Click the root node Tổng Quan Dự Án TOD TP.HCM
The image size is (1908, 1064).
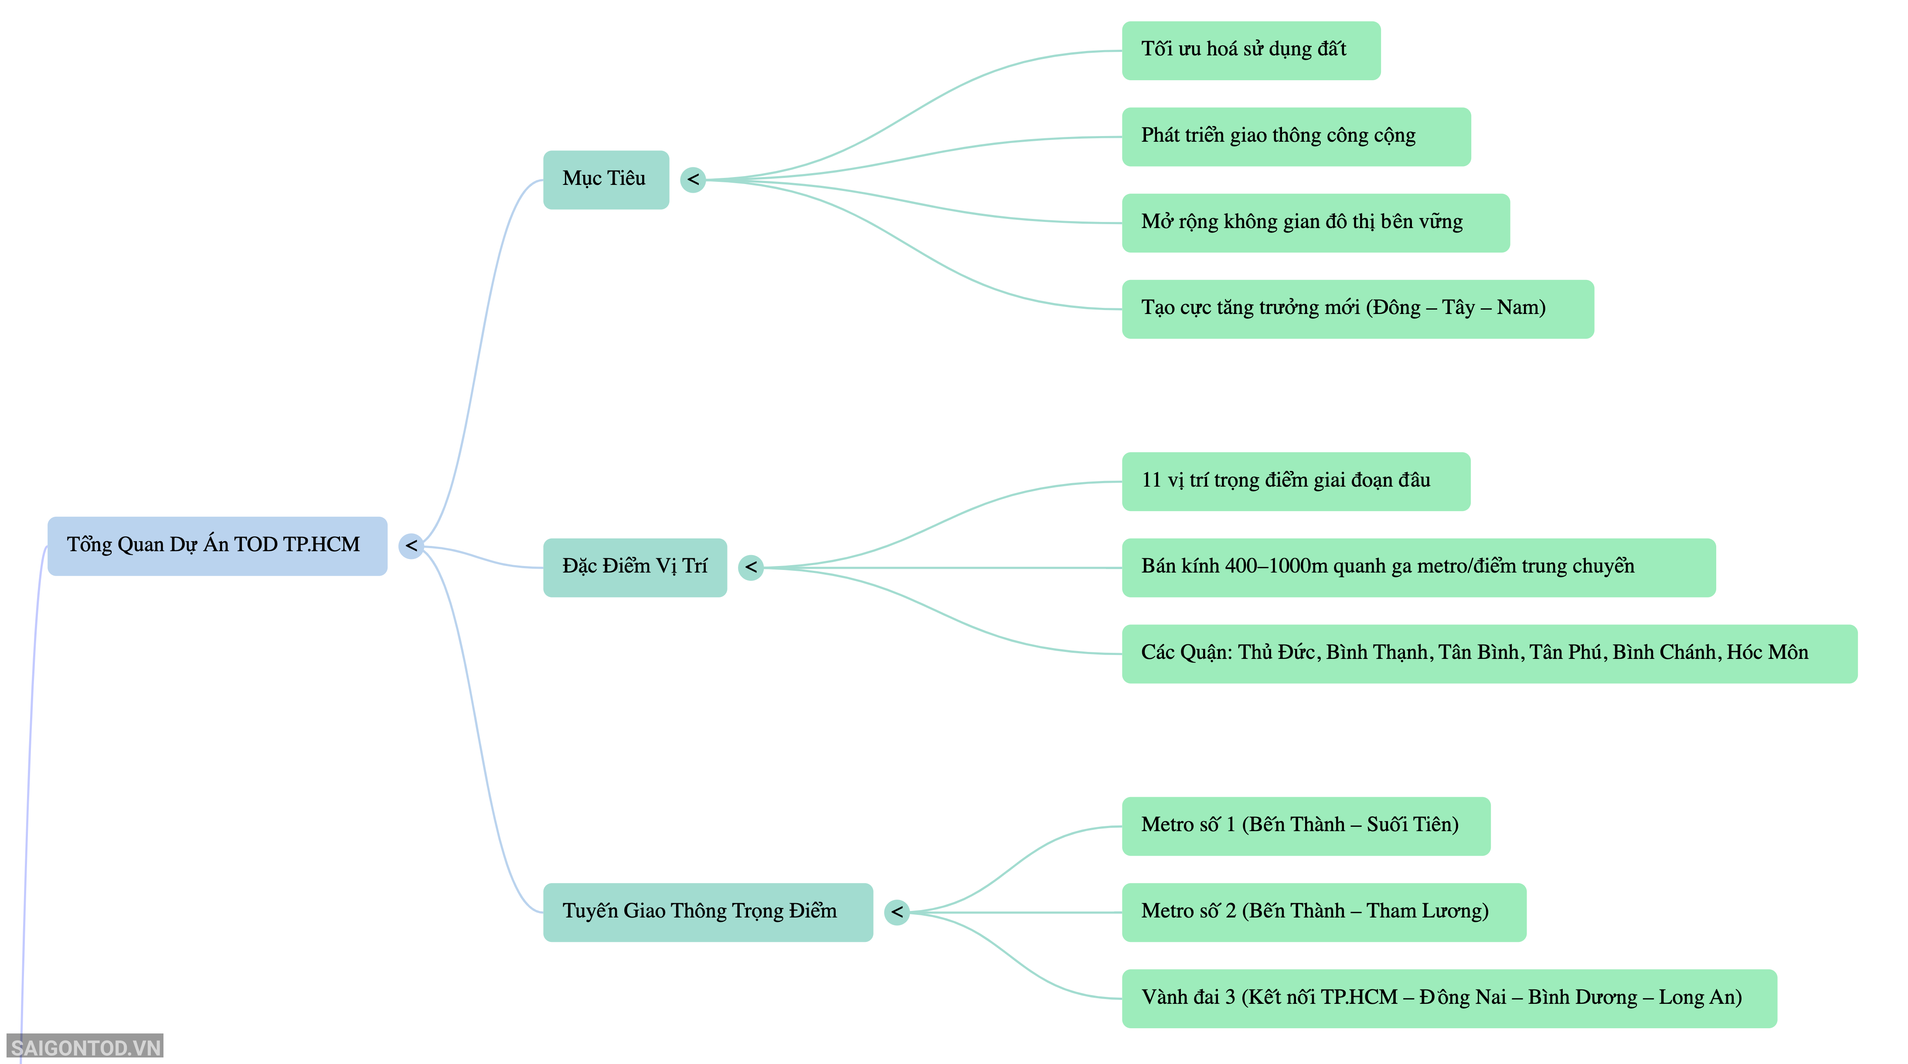coord(217,546)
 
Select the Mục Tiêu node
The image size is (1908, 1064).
coord(606,180)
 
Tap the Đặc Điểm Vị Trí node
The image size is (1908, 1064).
coord(635,568)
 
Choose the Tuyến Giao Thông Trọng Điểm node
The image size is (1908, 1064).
coord(708,912)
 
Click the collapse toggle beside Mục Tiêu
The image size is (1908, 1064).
coord(693,179)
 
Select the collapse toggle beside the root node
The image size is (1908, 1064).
coord(411,546)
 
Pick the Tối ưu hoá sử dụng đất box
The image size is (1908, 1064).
coord(1251,51)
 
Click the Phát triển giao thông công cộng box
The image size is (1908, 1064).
coord(1296,137)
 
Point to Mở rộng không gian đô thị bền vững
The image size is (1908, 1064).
coord(1316,223)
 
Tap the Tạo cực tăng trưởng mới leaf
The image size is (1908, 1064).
coord(1358,309)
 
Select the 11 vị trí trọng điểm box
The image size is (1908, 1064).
coord(1296,481)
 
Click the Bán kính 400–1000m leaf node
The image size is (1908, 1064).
coord(1418,568)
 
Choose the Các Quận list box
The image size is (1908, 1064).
coord(1490,654)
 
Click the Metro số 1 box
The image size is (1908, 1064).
coord(1306,826)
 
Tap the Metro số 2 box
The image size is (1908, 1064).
coord(1323,912)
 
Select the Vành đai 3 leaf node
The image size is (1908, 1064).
coord(1449,998)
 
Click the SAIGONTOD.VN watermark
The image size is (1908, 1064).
coord(85,1047)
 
